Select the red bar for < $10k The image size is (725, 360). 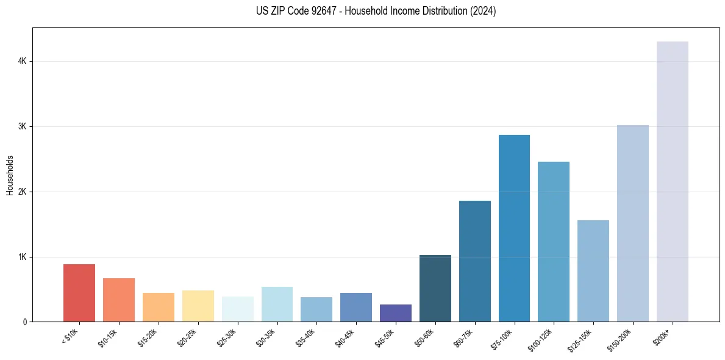[x=79, y=293]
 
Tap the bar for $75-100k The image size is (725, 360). [x=514, y=228]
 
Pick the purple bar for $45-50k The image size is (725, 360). [x=395, y=313]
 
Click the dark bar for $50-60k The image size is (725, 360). [x=435, y=288]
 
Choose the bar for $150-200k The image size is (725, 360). [x=632, y=223]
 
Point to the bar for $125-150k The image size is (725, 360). [x=593, y=271]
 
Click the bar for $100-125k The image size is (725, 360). [x=554, y=242]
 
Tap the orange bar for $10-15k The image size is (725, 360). [x=119, y=300]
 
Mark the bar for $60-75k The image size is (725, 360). [x=474, y=261]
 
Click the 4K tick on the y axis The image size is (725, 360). [x=22, y=61]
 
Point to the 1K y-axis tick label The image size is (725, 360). [x=22, y=257]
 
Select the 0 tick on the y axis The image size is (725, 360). [x=24, y=322]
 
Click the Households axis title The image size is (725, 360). [x=10, y=175]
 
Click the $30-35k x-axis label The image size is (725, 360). [x=268, y=337]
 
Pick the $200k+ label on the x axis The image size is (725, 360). [x=666, y=335]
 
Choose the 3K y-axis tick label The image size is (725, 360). [x=22, y=126]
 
